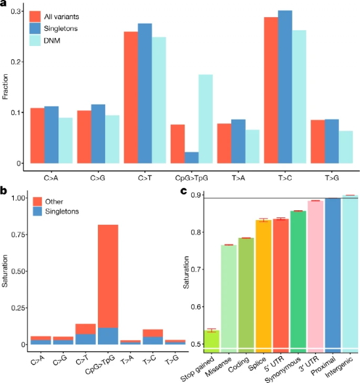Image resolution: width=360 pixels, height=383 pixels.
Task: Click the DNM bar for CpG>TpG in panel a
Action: pos(206,119)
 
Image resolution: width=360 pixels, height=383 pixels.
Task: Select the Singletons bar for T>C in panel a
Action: pos(285,87)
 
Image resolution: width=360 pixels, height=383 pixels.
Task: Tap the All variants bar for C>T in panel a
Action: pos(131,97)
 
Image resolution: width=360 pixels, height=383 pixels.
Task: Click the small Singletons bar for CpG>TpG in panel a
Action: pos(191,158)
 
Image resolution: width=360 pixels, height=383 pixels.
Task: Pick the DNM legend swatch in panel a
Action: pos(35,40)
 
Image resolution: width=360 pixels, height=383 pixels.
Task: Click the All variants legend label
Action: pos(62,16)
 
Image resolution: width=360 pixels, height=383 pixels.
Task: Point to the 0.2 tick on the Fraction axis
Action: pos(15,62)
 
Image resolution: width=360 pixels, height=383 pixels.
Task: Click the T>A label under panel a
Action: pos(238,178)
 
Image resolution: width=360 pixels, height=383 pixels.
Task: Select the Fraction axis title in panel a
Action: pos(5,87)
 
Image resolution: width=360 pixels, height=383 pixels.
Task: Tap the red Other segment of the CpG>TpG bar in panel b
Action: pos(108,277)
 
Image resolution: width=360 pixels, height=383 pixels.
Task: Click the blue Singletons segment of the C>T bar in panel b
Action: pos(85,339)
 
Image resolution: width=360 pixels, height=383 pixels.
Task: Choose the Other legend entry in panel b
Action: pos(54,202)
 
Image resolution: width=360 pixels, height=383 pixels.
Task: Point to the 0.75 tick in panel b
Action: pos(18,235)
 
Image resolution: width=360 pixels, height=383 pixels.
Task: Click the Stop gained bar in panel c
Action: pos(212,342)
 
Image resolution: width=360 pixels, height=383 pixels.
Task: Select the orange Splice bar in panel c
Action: pos(263,286)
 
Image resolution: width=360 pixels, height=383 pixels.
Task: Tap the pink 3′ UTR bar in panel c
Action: pos(315,277)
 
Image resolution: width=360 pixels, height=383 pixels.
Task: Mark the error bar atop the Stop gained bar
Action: pos(212,330)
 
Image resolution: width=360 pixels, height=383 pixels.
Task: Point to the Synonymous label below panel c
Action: pos(284,369)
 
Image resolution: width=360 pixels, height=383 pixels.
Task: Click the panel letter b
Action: pos(3,191)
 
